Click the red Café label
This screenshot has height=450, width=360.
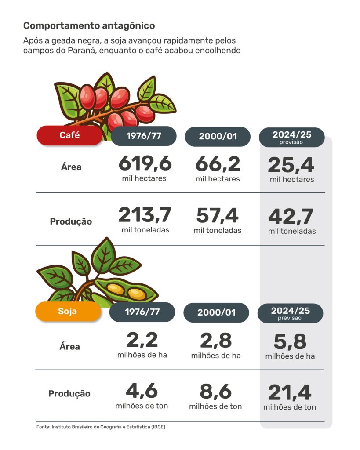point(69,135)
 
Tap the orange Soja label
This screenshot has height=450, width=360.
point(68,312)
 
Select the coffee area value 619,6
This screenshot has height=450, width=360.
point(145,164)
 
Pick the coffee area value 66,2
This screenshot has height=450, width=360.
point(218,164)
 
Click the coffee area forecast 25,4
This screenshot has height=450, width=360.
point(291,166)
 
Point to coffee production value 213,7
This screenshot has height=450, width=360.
point(145,215)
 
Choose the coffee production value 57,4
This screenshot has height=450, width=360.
point(217,216)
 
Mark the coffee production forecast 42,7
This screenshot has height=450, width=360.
point(291,217)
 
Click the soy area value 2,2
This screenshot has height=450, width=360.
point(142,341)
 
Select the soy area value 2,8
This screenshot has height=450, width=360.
point(216,341)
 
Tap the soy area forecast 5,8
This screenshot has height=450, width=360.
point(290,342)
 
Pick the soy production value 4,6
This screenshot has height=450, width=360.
point(142,392)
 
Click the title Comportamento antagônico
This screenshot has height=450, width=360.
point(89,26)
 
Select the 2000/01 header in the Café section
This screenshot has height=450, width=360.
point(218,136)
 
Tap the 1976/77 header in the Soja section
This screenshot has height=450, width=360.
point(142,312)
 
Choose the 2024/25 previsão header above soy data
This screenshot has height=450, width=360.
point(290,313)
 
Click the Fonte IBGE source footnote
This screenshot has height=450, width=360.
point(101,427)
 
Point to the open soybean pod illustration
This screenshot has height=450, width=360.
point(126,290)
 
